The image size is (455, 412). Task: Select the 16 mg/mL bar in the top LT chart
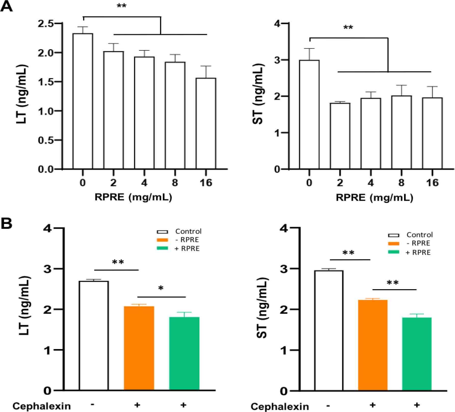tap(206, 124)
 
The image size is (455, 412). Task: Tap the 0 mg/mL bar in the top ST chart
tap(309, 115)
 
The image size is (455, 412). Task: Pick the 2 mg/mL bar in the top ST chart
tap(340, 136)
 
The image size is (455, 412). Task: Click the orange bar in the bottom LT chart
tap(139, 348)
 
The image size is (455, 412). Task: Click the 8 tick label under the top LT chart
tap(175, 183)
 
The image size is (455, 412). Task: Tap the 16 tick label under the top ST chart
tap(432, 183)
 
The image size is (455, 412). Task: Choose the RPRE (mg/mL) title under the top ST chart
tap(374, 197)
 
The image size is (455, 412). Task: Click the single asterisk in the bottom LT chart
tap(160, 288)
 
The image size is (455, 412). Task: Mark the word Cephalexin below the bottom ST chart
tap(280, 407)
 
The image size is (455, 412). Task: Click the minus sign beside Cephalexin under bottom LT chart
tap(92, 404)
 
